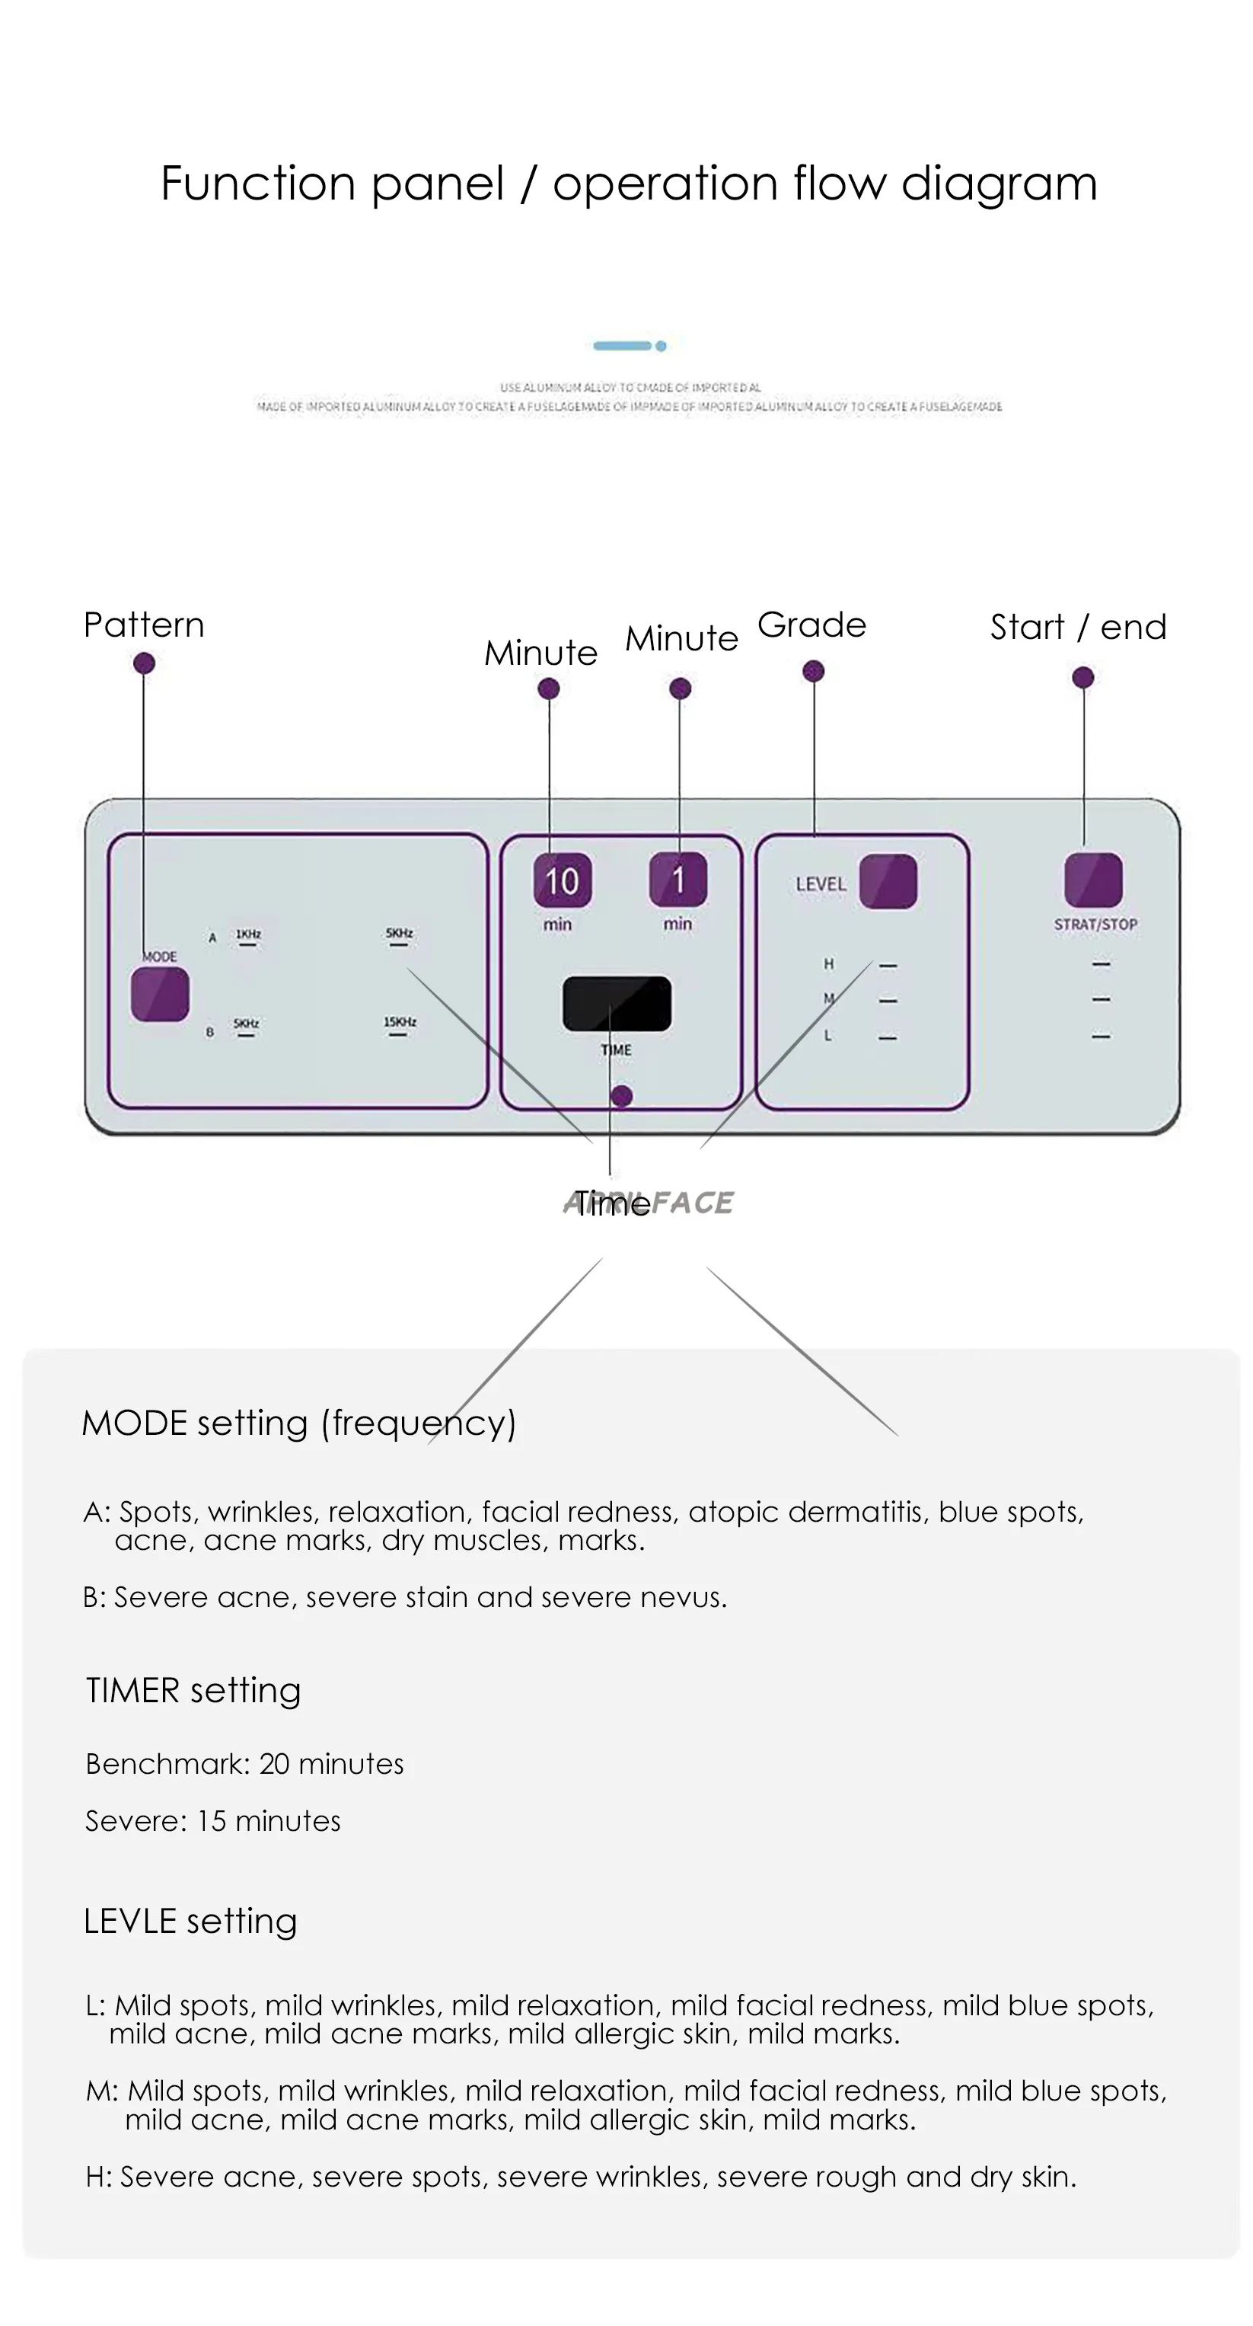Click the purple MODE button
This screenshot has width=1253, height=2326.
coord(160,993)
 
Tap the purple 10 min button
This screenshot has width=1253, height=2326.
coord(563,880)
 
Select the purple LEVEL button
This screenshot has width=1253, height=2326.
coord(888,880)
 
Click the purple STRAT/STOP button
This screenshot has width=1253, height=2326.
coord(1093,880)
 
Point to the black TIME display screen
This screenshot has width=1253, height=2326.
coord(617,1003)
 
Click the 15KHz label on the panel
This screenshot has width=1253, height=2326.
coord(400,1022)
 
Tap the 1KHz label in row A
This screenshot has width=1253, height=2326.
coord(248,934)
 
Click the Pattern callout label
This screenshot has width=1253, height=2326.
coord(144,625)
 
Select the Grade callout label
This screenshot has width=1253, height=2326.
coord(811,625)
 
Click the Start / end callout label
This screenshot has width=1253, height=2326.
coord(1078,627)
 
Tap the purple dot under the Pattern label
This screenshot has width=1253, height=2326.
coord(144,663)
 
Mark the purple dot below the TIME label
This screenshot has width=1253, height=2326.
coord(621,1096)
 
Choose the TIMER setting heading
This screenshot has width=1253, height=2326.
coord(193,1690)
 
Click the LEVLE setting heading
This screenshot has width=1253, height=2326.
coord(190,1921)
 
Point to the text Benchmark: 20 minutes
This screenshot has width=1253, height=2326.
coord(244,1763)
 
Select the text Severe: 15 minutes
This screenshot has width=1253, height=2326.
coord(213,1820)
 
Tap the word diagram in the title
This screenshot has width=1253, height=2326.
coord(999,184)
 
